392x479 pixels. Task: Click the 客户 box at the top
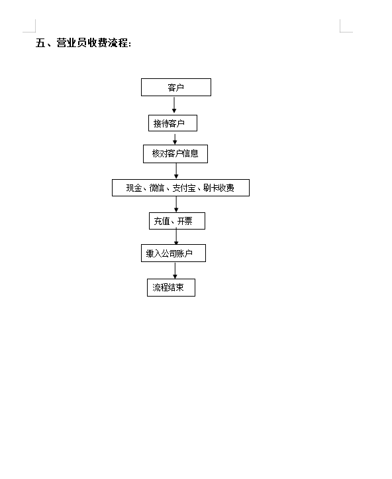point(176,88)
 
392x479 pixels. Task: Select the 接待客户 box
point(173,123)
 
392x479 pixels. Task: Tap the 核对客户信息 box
point(175,154)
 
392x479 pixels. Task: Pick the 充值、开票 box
point(177,221)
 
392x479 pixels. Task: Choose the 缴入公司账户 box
point(173,253)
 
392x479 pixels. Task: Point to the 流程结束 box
point(171,287)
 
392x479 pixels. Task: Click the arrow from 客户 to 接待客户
point(174,105)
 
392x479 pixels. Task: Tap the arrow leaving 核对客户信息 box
point(176,171)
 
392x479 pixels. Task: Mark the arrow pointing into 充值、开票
point(176,204)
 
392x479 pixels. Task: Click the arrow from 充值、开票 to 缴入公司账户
point(176,237)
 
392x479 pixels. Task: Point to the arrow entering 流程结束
point(175,271)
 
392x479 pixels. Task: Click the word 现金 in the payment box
point(134,188)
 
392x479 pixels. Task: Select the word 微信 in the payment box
point(157,188)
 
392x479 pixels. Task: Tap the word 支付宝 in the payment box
point(184,188)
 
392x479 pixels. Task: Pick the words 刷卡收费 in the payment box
point(219,188)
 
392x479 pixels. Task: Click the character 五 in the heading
point(40,42)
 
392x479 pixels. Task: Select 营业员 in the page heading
point(72,42)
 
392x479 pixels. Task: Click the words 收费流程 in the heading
point(108,42)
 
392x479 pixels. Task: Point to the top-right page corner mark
point(340,32)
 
